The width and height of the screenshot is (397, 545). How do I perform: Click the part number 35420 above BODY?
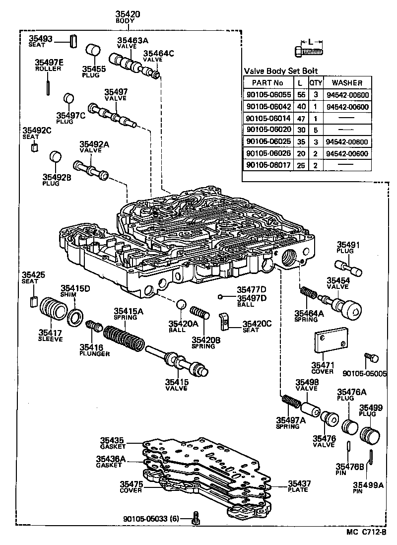pyautogui.click(x=128, y=14)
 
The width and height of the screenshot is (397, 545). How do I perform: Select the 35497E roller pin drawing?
pyautogui.click(x=47, y=87)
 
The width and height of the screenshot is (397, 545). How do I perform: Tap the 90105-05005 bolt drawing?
pyautogui.click(x=371, y=358)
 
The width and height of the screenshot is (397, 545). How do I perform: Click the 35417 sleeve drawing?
pyautogui.click(x=53, y=308)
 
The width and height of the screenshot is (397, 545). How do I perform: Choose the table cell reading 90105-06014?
pyautogui.click(x=268, y=118)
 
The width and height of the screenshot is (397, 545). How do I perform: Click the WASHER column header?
pyautogui.click(x=347, y=83)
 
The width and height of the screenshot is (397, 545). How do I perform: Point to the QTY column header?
pyautogui.click(x=316, y=83)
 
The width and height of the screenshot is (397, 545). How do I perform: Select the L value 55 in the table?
pyautogui.click(x=301, y=95)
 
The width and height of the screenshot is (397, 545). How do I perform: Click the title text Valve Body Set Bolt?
pyautogui.click(x=281, y=71)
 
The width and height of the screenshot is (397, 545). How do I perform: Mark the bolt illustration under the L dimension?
pyautogui.click(x=309, y=52)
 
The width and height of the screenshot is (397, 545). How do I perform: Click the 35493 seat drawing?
pyautogui.click(x=73, y=42)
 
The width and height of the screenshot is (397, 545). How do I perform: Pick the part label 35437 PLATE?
pyautogui.click(x=299, y=486)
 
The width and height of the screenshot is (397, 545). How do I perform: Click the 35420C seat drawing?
pyautogui.click(x=225, y=322)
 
